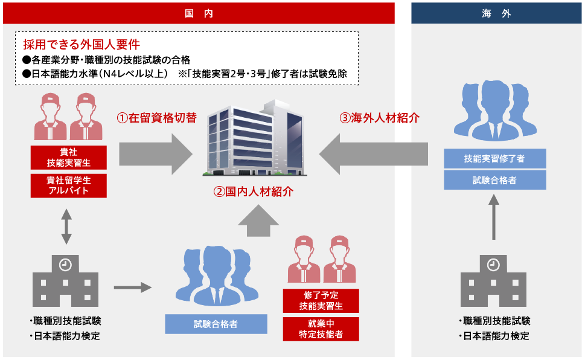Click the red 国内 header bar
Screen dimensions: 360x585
coord(199,13)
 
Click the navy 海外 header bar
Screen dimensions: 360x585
coord(496,13)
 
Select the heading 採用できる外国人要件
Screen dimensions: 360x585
coord(82,44)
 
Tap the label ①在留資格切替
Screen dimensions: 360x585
coord(156,118)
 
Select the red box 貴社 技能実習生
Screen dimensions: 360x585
coord(69,157)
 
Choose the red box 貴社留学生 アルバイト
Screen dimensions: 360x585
coord(69,185)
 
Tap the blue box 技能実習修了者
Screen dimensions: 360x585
coord(494,159)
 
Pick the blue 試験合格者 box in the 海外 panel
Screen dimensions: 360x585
coord(494,180)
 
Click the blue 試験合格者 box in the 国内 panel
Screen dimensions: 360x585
coord(216,324)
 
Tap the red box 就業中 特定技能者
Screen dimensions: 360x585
coord(321,329)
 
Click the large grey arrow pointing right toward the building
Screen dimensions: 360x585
coord(155,150)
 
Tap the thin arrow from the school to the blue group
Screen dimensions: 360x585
coord(133,288)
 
